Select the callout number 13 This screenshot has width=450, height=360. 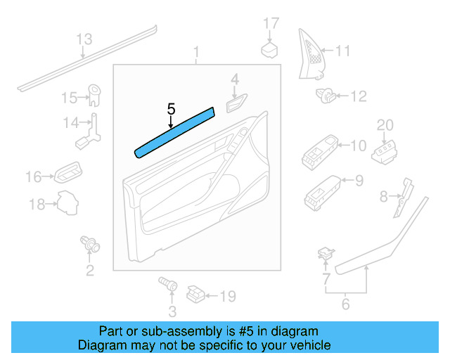point(84,39)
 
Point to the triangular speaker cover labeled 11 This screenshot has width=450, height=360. point(311,56)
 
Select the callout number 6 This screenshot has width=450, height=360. point(345,304)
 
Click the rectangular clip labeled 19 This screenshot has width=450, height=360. point(196,295)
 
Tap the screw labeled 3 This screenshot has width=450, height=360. point(167,285)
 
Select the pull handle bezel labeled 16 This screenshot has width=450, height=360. point(70,173)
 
